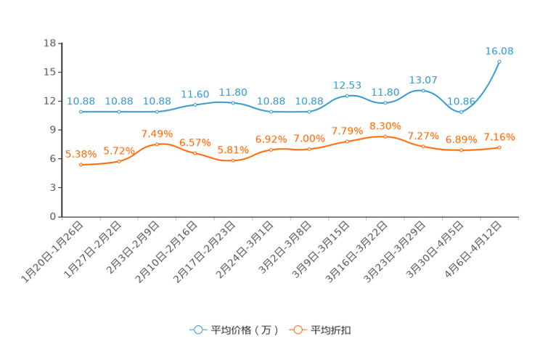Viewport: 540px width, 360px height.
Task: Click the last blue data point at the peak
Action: pyautogui.click(x=499, y=61)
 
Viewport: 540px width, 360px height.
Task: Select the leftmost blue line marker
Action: pyautogui.click(x=81, y=112)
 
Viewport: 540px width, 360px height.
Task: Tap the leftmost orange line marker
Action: pyautogui.click(x=81, y=165)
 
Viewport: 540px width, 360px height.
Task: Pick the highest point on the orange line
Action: pyautogui.click(x=385, y=136)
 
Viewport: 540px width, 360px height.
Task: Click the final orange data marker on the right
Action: pyautogui.click(x=499, y=147)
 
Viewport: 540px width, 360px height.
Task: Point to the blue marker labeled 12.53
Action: pyautogui.click(x=347, y=96)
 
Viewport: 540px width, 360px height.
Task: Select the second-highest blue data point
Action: pyautogui.click(x=423, y=91)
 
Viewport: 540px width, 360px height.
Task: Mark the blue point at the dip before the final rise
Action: pyautogui.click(x=461, y=112)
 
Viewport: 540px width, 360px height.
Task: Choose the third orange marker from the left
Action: pyautogui.click(x=157, y=144)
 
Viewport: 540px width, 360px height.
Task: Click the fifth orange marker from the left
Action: pyautogui.click(x=233, y=160)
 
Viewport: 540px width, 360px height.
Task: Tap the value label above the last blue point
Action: pyautogui.click(x=499, y=50)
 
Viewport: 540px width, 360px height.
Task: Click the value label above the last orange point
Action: pyautogui.click(x=499, y=137)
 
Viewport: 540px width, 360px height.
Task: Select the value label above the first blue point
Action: pyautogui.click(x=81, y=102)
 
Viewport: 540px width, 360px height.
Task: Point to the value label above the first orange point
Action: pyautogui.click(x=81, y=154)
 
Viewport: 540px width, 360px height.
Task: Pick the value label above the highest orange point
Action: pyautogui.click(x=385, y=126)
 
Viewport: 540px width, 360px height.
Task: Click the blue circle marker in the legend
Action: pyautogui.click(x=197, y=330)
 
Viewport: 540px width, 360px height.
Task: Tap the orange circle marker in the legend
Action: pyautogui.click(x=297, y=330)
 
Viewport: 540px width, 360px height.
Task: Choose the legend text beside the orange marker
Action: pyautogui.click(x=331, y=330)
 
